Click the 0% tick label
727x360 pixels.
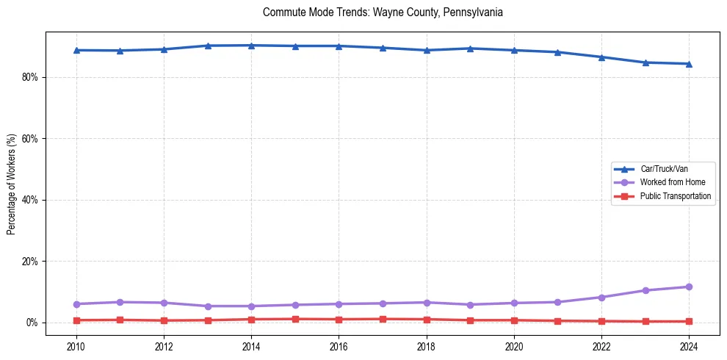click(x=30, y=323)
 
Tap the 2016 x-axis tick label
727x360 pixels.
click(x=339, y=346)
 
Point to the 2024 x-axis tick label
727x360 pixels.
click(x=689, y=346)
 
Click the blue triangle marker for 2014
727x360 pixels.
click(x=251, y=46)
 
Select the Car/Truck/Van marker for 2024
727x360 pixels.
click(x=689, y=64)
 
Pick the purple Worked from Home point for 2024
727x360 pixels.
click(x=689, y=287)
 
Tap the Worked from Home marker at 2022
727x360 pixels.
click(x=601, y=298)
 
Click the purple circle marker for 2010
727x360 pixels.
click(x=76, y=304)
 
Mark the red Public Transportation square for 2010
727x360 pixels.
click(x=76, y=320)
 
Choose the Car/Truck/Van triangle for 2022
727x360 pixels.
click(x=601, y=57)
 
